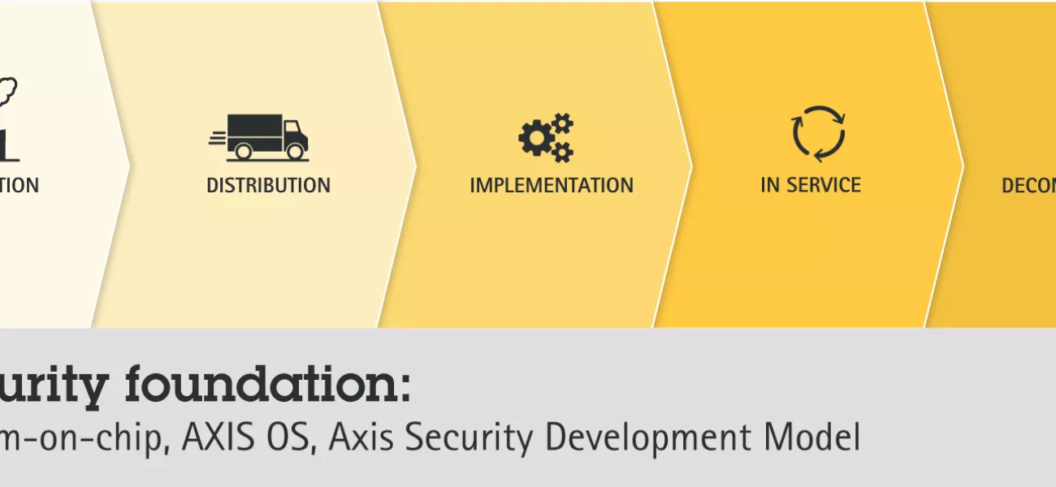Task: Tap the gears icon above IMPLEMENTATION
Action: (546, 137)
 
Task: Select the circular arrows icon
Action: (819, 134)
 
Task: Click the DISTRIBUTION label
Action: (268, 185)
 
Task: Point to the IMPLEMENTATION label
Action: (552, 185)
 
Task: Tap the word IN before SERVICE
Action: (769, 185)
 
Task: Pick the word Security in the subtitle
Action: (464, 438)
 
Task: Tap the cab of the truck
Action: (294, 134)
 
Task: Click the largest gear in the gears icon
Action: (533, 140)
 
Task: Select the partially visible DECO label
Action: (1028, 185)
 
